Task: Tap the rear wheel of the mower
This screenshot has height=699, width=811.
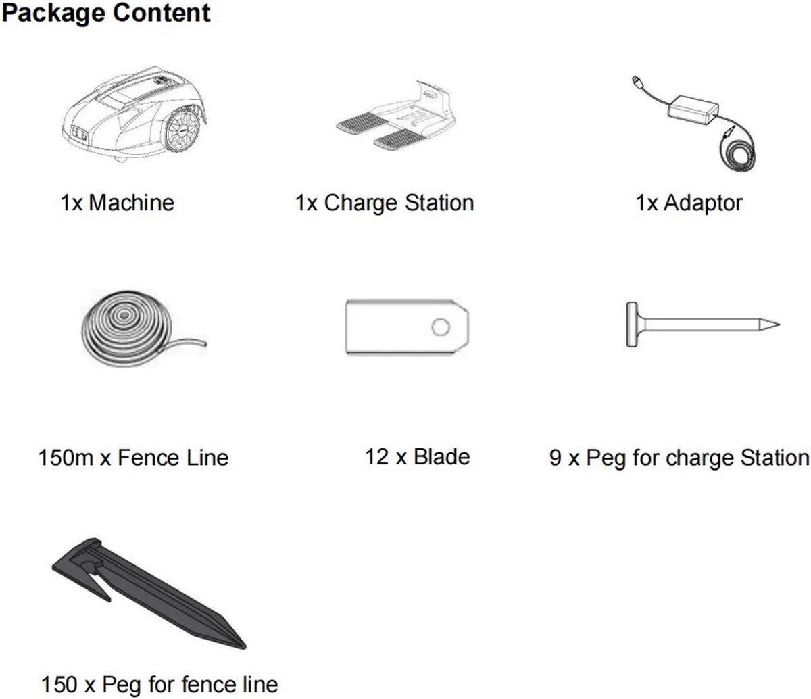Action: pyautogui.click(x=182, y=130)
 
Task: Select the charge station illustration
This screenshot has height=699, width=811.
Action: pyautogui.click(x=395, y=116)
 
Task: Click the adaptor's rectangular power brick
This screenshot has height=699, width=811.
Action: pyautogui.click(x=693, y=112)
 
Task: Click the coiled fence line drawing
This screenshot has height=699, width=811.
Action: pyautogui.click(x=143, y=329)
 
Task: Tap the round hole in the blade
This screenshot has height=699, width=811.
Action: pyautogui.click(x=440, y=327)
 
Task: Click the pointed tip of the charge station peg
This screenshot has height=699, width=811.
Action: pyautogui.click(x=779, y=324)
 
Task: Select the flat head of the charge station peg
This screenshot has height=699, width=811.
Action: pyautogui.click(x=631, y=324)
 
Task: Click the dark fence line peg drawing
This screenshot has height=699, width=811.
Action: pyautogui.click(x=149, y=594)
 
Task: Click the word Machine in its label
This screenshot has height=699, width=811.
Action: pyautogui.click(x=131, y=203)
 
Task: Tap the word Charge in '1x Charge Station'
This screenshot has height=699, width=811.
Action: pyautogui.click(x=361, y=203)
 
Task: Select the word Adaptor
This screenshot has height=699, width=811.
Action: pyautogui.click(x=703, y=203)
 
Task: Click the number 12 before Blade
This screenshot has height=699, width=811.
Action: pyautogui.click(x=376, y=457)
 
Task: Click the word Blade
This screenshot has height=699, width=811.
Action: pyautogui.click(x=442, y=457)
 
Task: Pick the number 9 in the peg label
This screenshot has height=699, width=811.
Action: pyautogui.click(x=556, y=458)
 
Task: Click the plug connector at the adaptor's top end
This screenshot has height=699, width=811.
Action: pyautogui.click(x=635, y=80)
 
